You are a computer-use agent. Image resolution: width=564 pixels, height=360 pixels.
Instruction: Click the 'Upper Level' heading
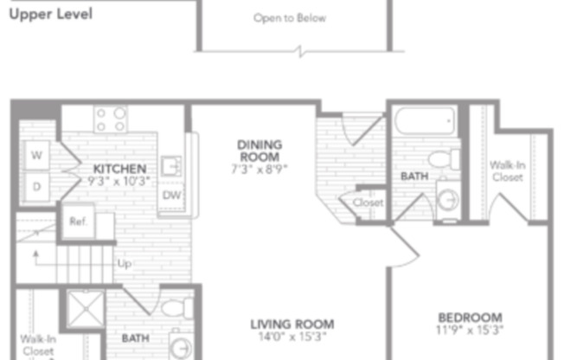click(x=50, y=15)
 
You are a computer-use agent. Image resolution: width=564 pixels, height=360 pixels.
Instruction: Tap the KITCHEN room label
click(x=119, y=168)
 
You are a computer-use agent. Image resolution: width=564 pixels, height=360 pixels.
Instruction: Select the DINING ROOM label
click(x=260, y=151)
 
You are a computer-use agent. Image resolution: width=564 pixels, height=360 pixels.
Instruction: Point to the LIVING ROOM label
click(x=292, y=325)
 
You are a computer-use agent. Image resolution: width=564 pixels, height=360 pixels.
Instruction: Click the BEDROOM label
click(x=470, y=318)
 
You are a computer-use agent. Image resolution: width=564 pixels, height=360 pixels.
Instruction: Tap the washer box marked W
click(x=37, y=157)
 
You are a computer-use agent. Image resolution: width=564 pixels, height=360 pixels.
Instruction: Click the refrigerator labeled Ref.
click(x=77, y=222)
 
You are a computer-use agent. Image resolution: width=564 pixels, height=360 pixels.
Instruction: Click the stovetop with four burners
click(x=111, y=119)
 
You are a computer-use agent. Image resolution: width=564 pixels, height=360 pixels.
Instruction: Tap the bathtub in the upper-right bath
click(x=426, y=121)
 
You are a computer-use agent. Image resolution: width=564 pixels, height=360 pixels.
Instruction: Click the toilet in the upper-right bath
click(x=445, y=160)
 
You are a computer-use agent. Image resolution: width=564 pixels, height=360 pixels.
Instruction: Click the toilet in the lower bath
click(x=176, y=308)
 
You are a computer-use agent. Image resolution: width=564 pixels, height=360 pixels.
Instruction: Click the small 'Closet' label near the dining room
click(x=368, y=202)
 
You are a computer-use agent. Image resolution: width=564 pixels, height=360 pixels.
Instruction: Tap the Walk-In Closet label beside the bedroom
click(x=506, y=170)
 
